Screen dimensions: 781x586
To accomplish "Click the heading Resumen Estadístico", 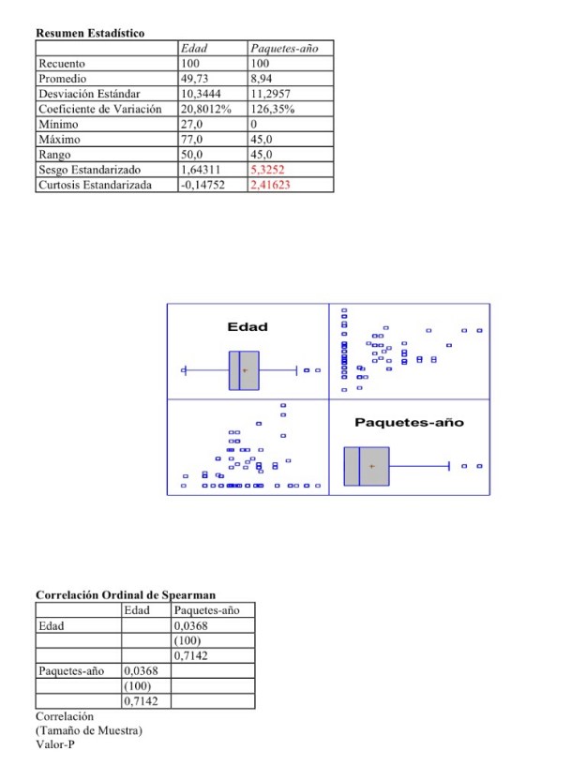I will (90, 34).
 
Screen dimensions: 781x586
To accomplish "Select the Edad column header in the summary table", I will (194, 47).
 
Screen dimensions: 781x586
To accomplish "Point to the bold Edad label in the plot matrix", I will (248, 327).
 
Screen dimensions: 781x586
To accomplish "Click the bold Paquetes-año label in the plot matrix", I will (409, 423).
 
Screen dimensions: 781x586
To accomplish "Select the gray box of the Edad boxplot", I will (244, 370).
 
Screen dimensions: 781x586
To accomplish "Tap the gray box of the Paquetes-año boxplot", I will (366, 466).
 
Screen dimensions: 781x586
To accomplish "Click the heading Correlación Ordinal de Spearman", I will (126, 595).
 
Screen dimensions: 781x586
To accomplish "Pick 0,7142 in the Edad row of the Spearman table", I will (189, 656).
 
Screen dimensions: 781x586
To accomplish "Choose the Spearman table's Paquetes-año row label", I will (67, 672).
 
